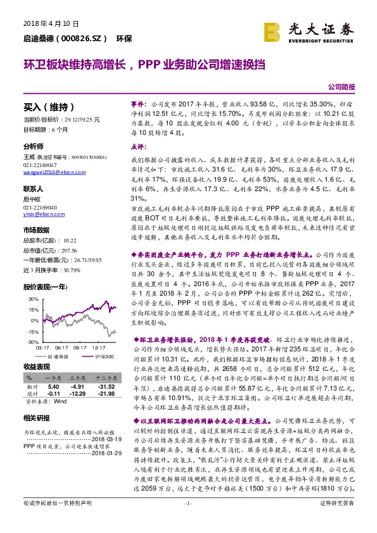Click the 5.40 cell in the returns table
(x=53, y=386)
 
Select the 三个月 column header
(x=78, y=379)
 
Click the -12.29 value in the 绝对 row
(x=78, y=393)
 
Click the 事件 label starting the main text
(x=139, y=102)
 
